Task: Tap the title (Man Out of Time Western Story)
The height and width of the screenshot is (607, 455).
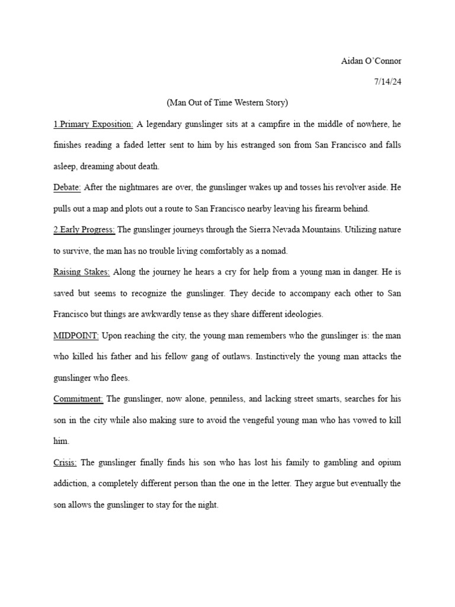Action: click(227, 103)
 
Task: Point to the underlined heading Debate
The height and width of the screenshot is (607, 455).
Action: click(67, 187)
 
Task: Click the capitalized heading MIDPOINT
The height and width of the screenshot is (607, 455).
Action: click(76, 335)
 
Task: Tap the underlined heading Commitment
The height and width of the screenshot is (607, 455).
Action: click(78, 399)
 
